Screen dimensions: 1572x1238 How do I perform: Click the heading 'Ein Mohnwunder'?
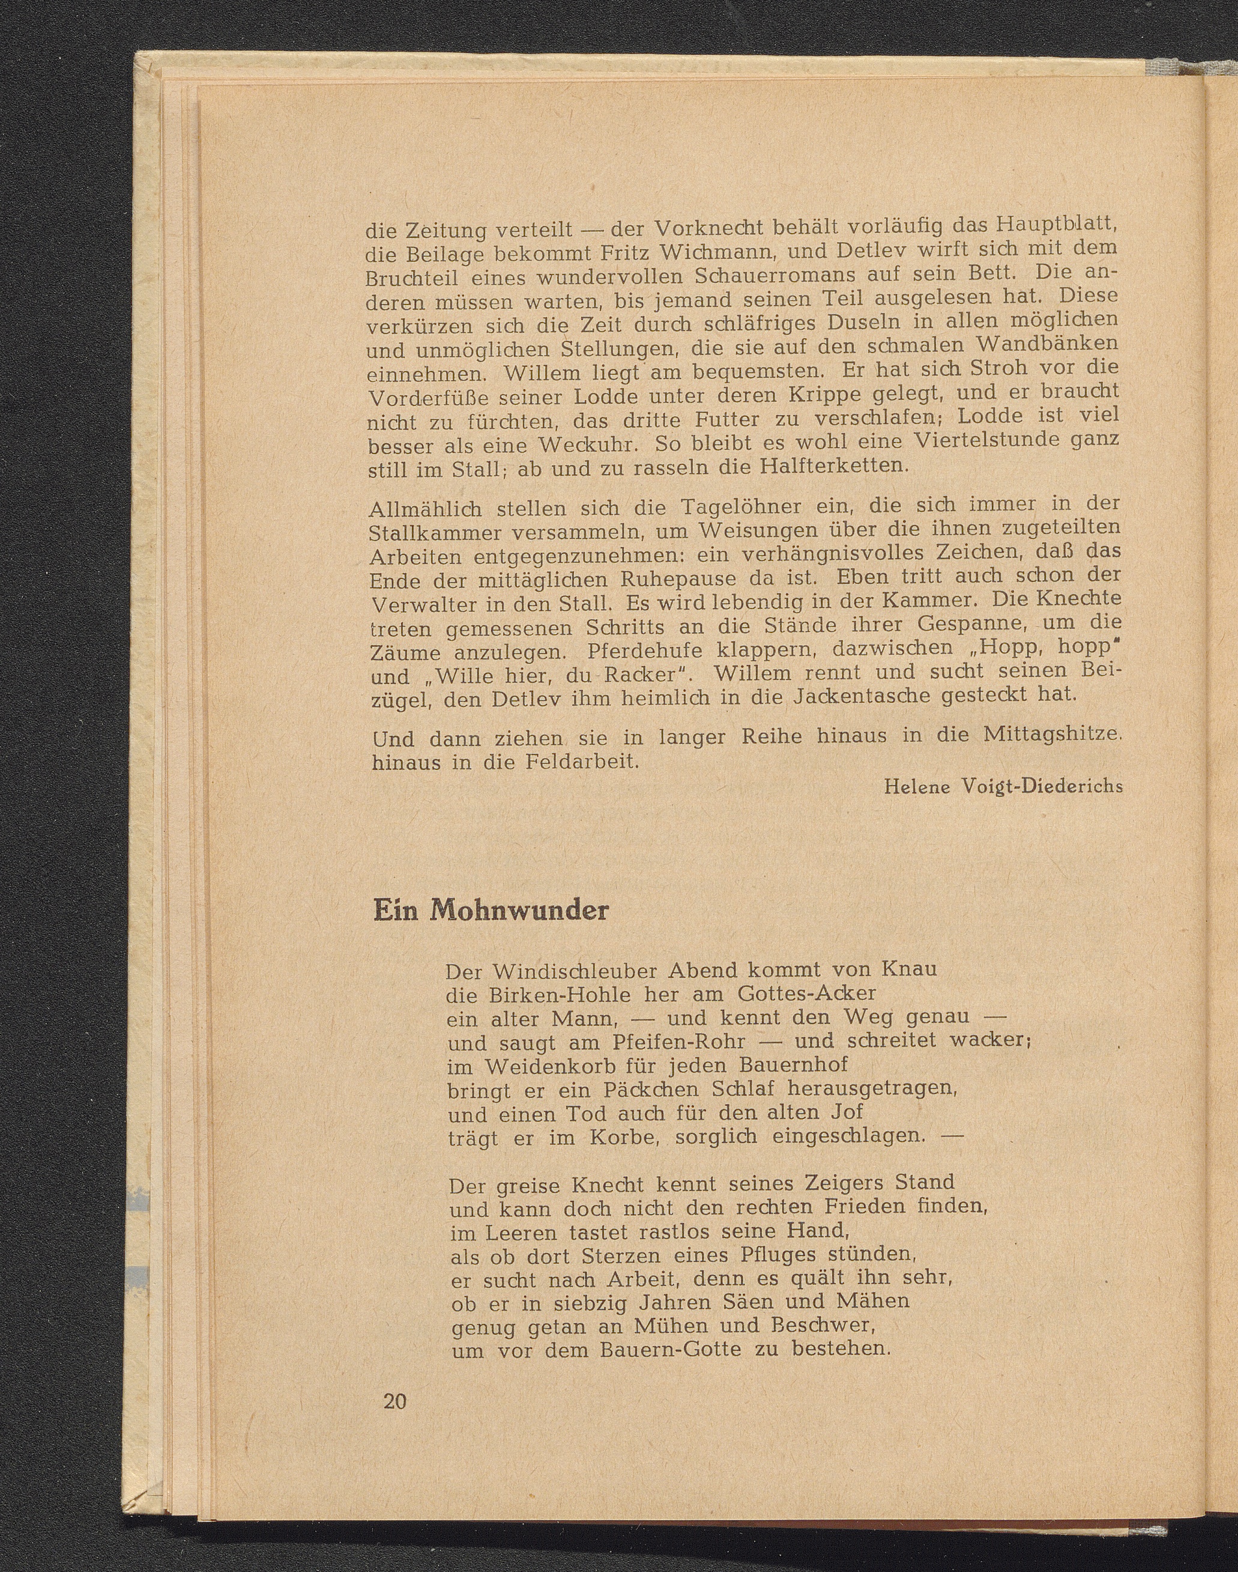[490, 910]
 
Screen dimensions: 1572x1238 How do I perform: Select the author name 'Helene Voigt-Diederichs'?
[1003, 786]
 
